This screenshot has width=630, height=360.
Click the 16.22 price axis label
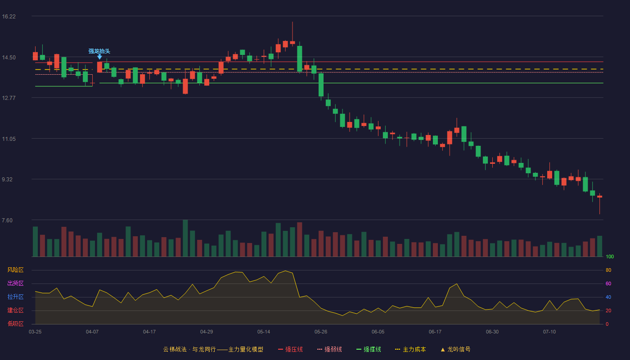(9, 17)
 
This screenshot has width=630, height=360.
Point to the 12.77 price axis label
(9, 98)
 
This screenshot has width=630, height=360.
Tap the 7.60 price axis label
(7, 220)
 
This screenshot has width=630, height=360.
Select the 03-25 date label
(35, 332)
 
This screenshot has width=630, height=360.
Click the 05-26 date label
(321, 332)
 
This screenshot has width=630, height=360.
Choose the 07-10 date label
(549, 332)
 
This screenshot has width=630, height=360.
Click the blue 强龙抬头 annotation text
(99, 51)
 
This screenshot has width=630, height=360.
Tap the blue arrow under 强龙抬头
(99, 57)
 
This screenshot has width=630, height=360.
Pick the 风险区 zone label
(15, 270)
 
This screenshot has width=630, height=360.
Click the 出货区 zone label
(15, 283)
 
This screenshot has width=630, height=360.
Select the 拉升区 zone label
(15, 297)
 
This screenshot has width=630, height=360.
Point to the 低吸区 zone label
(15, 324)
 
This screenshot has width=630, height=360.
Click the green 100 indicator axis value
(610, 256)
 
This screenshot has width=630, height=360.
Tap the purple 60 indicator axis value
(608, 283)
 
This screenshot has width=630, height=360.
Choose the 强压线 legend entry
(290, 349)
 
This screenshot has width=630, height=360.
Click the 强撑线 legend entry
(369, 349)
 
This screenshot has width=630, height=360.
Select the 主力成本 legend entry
(410, 349)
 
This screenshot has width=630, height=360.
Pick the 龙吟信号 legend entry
(455, 349)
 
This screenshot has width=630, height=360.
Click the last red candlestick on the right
(599, 197)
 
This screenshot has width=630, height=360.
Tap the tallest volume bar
(185, 238)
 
